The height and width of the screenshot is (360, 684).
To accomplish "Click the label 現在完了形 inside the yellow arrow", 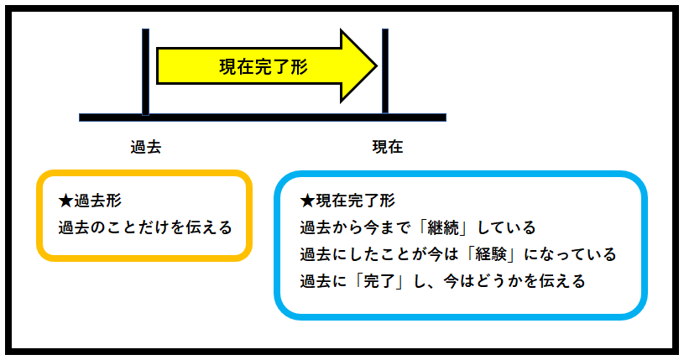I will coord(263,67).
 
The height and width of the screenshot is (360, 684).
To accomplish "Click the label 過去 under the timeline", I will coord(145,147).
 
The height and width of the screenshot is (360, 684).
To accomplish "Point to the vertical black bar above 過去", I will coord(145,71).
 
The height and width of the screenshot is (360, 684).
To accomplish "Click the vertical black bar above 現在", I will coord(385,71).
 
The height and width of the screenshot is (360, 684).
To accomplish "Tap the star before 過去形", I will coord(66,201).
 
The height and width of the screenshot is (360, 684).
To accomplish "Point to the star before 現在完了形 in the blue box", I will coord(306,201).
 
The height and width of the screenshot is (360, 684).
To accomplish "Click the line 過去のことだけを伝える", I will coord(145,227).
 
